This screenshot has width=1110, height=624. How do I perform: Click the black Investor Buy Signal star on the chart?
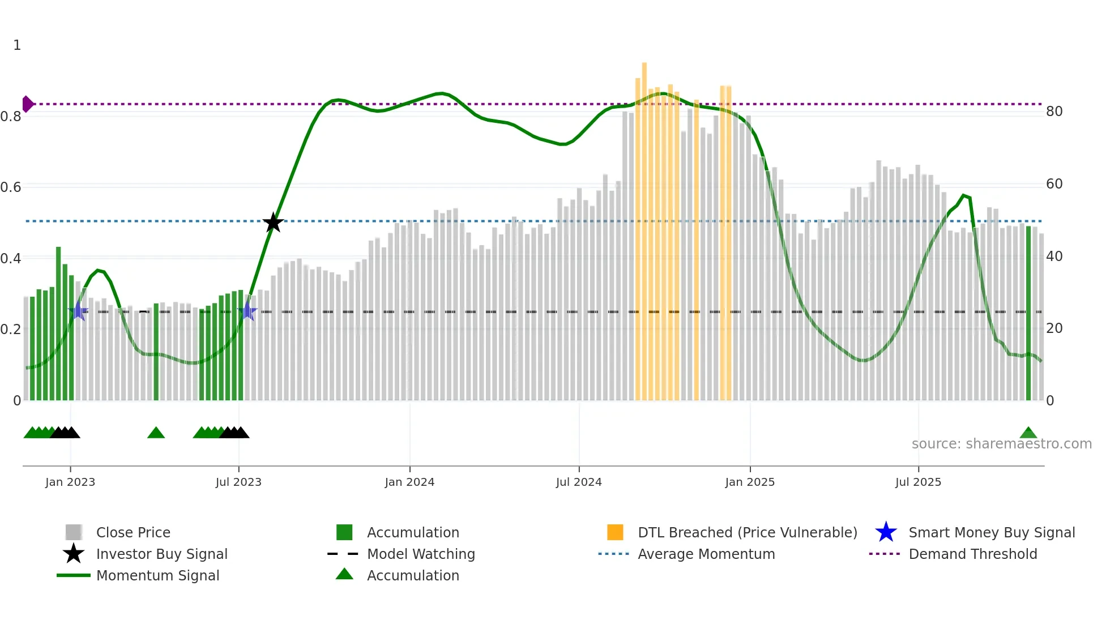click(x=273, y=223)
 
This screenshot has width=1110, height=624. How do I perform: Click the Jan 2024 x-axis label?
click(x=409, y=482)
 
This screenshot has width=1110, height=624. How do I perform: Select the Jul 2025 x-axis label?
click(x=918, y=482)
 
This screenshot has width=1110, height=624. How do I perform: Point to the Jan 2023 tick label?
click(x=70, y=482)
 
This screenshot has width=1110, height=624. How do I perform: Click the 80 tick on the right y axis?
click(x=1054, y=112)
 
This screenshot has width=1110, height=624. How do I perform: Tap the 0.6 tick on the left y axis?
click(x=11, y=187)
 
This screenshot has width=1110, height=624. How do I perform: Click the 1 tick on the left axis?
click(x=17, y=45)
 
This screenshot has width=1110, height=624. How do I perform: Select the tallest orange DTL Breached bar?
click(x=644, y=226)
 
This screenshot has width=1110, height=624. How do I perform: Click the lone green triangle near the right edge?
click(x=1028, y=433)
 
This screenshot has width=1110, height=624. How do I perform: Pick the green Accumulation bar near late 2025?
click(x=1028, y=311)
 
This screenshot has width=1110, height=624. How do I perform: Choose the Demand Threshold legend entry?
click(x=972, y=554)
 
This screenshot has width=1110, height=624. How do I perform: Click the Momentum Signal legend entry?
click(x=157, y=575)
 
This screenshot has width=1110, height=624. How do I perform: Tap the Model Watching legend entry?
click(x=421, y=554)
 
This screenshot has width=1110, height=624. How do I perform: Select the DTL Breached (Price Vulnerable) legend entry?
click(x=747, y=532)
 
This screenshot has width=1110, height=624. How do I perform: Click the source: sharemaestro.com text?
click(x=1001, y=444)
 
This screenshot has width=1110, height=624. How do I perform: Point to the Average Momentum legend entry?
click(x=706, y=554)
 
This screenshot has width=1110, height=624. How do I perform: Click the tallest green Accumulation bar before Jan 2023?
click(x=58, y=323)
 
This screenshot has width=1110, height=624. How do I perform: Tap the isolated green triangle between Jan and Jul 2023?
click(x=156, y=433)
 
